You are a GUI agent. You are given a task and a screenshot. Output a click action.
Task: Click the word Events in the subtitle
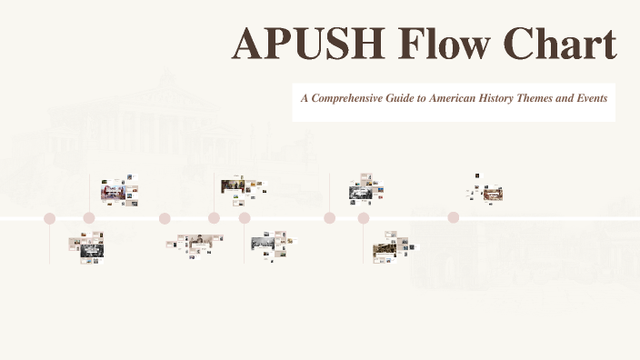pos(587,96)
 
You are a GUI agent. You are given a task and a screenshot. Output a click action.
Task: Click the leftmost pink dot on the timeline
pos(50,218)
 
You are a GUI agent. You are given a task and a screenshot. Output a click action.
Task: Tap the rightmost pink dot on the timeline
pos(453,218)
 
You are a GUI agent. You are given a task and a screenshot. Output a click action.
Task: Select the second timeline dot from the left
pos(89,218)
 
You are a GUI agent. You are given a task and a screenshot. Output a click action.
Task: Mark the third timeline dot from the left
pos(165,218)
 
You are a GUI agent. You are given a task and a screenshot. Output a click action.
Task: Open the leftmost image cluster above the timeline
pos(119,190)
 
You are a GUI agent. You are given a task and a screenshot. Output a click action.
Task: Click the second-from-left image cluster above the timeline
pos(243,186)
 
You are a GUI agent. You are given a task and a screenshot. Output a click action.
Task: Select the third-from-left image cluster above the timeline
pos(365,188)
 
